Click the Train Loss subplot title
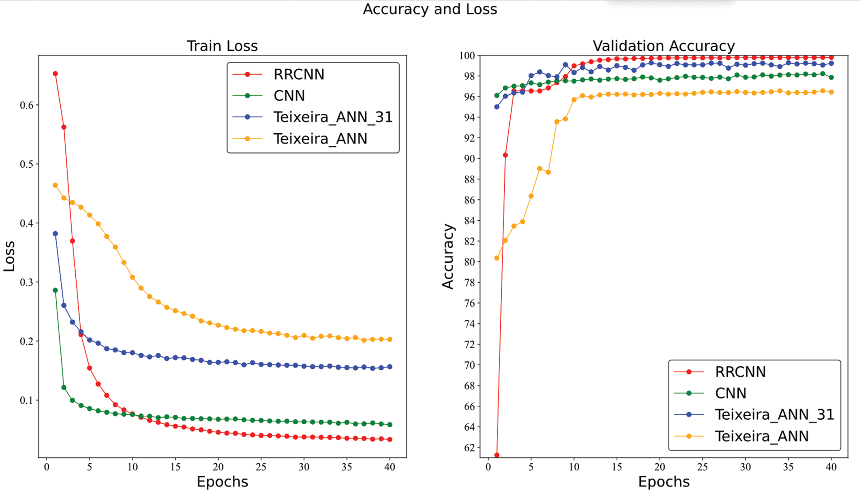(x=222, y=46)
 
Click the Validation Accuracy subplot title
(x=663, y=46)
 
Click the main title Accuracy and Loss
(x=430, y=9)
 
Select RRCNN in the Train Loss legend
(x=299, y=74)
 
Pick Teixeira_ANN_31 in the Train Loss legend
(x=333, y=117)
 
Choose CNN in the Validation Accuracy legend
(x=730, y=393)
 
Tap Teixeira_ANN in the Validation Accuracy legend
(x=761, y=436)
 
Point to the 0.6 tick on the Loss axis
(x=27, y=105)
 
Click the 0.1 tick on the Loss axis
(x=27, y=400)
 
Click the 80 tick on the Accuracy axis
(x=469, y=262)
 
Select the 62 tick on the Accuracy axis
(x=469, y=448)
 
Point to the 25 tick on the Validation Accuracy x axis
(x=702, y=467)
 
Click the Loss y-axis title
(x=9, y=256)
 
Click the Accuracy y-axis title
(x=448, y=256)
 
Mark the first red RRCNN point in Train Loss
(x=55, y=73)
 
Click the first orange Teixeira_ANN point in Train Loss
(x=55, y=185)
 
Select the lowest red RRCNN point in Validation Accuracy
(x=497, y=455)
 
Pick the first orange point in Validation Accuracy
(x=497, y=258)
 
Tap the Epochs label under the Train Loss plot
(x=222, y=481)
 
